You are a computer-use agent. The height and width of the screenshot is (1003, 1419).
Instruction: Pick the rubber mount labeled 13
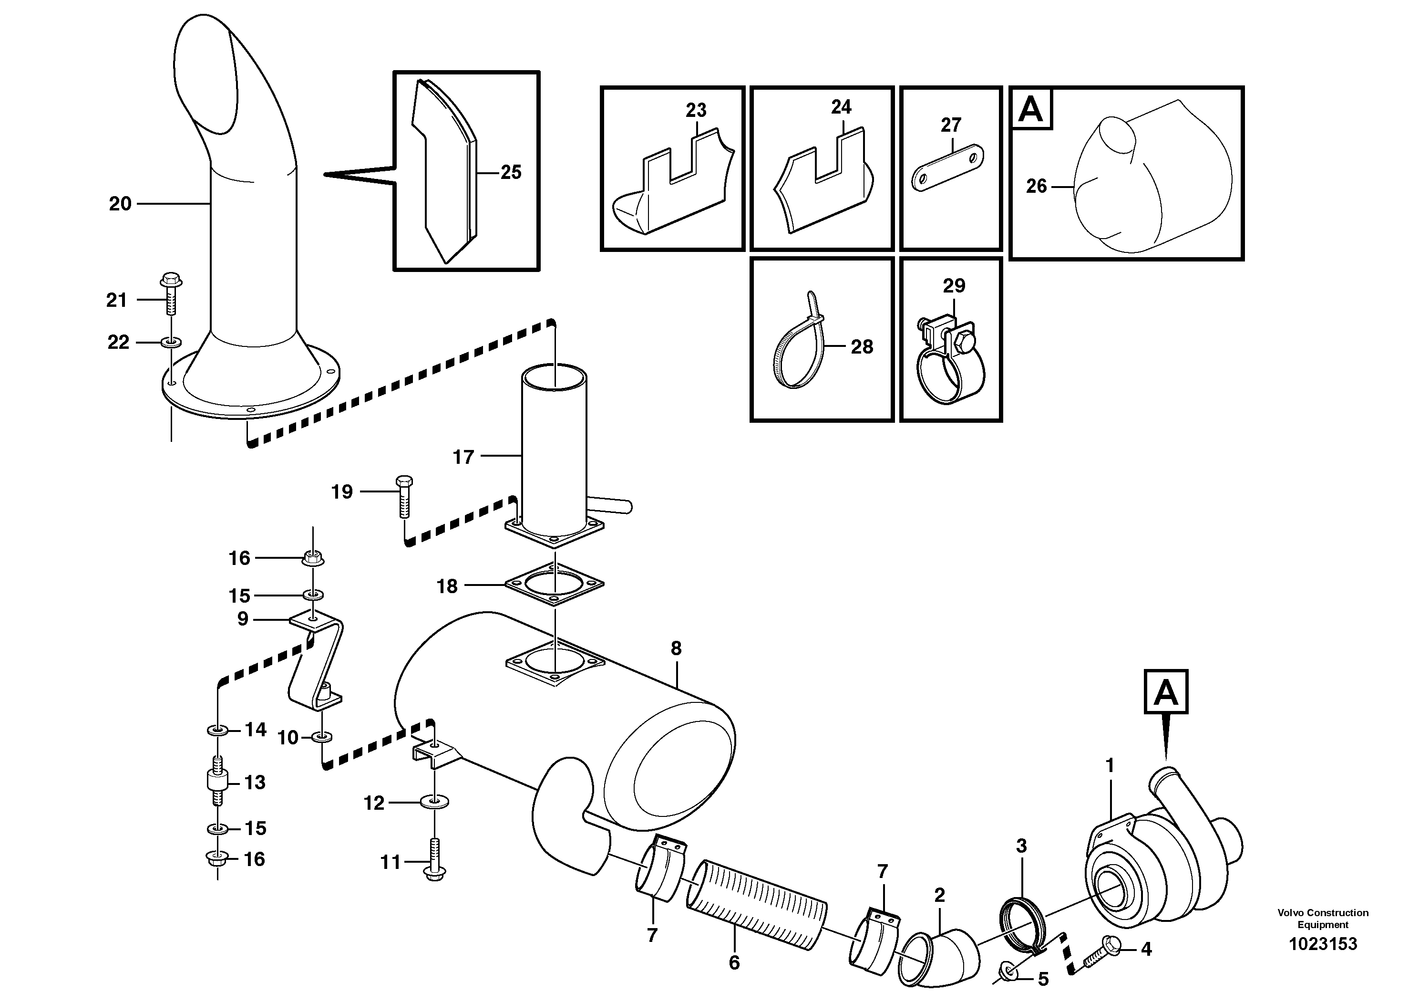(217, 782)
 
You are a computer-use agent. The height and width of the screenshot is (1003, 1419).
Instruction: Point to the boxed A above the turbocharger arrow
(1166, 692)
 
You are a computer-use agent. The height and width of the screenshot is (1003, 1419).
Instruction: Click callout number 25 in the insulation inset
(511, 172)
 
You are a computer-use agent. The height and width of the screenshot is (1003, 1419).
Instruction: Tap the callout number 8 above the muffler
(676, 648)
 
